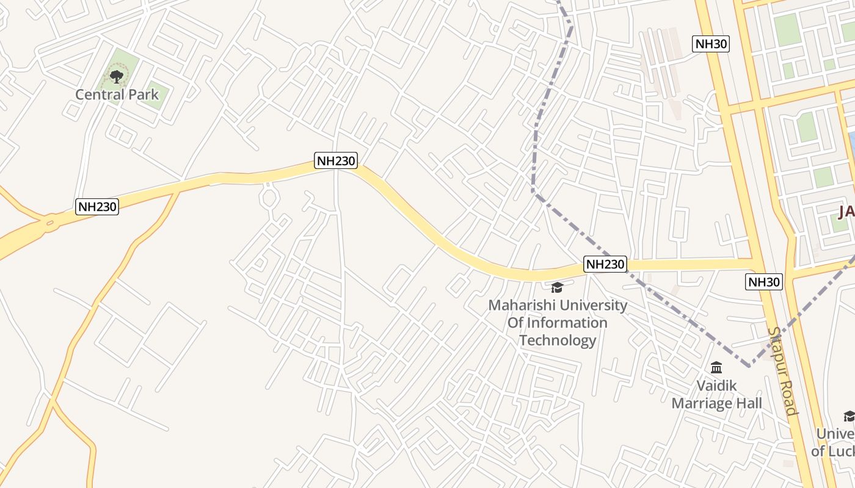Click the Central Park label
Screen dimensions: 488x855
pos(117,95)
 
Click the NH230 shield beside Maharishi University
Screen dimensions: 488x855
pos(605,264)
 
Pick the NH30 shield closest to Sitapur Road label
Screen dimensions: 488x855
pos(764,281)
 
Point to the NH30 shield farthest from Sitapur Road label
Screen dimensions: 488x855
pos(711,44)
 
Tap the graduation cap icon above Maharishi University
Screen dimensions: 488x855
pos(557,287)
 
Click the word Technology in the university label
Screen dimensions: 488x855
pos(558,340)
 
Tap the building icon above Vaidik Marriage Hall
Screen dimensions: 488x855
pos(716,368)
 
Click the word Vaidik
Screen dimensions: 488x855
pos(717,386)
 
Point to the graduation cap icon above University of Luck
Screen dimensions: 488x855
pos(850,416)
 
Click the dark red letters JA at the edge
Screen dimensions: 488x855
pos(846,212)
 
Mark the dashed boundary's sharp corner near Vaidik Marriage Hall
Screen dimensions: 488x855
pos(749,366)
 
